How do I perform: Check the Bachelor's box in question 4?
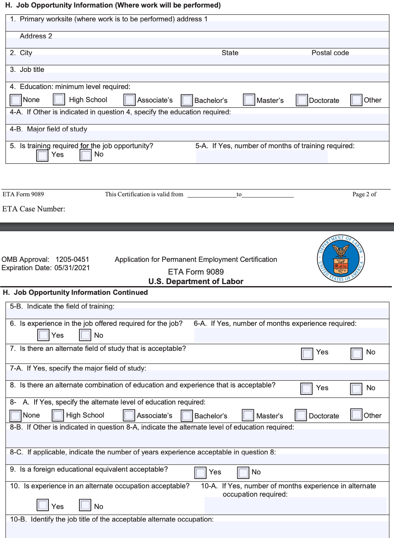click(x=187, y=100)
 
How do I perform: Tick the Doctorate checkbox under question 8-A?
click(x=301, y=415)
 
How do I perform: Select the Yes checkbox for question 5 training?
click(x=42, y=155)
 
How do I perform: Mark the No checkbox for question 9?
click(x=243, y=472)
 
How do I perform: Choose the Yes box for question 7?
click(x=307, y=353)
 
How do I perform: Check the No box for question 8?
click(x=356, y=388)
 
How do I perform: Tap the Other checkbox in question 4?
click(x=356, y=100)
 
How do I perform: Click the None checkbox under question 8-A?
click(x=15, y=416)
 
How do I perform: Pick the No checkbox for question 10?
click(x=85, y=505)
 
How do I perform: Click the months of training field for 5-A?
click(x=262, y=156)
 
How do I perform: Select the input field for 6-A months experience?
click(x=290, y=335)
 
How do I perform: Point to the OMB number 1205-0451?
click(x=72, y=259)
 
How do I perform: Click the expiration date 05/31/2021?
click(x=72, y=268)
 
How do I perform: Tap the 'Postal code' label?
click(x=330, y=53)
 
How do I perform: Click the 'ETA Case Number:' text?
click(x=34, y=209)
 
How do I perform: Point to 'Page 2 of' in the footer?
click(x=364, y=194)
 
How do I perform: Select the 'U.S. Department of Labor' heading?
click(x=196, y=281)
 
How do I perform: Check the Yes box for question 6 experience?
click(x=43, y=335)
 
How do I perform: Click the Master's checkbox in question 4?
click(x=249, y=100)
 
